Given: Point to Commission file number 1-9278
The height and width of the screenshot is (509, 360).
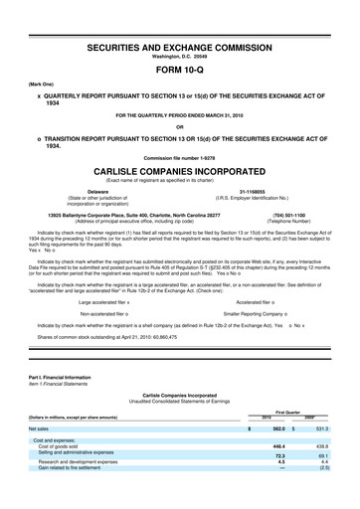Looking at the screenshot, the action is click(180, 157).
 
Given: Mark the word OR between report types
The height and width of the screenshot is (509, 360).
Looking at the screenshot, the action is click(180, 126).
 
